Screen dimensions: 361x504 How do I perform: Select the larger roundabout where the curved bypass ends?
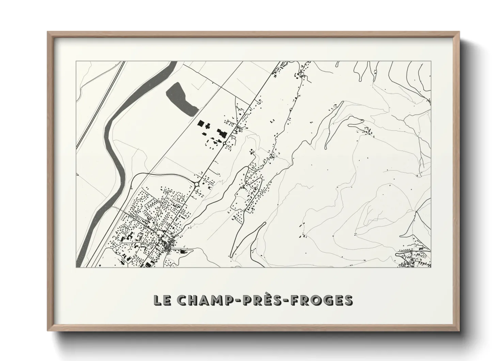[x=196, y=185]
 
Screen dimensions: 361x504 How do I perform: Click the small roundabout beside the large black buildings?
[x=224, y=143]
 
